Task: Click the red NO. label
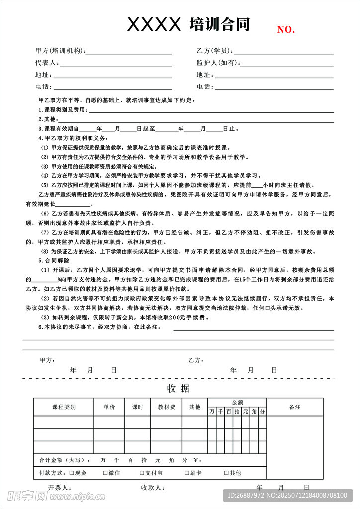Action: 286,30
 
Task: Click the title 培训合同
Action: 219,24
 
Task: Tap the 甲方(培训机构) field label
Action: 60,51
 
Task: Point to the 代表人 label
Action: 47,63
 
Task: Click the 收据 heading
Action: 178,388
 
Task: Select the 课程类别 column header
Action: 64,407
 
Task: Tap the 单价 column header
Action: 110,407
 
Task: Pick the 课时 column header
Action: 138,407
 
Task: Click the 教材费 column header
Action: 167,407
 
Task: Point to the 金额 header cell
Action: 237,402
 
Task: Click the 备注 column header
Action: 295,407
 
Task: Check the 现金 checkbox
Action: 72,473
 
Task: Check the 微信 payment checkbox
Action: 105,473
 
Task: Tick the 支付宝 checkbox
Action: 142,473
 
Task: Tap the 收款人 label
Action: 152,488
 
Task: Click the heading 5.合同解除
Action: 54,260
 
